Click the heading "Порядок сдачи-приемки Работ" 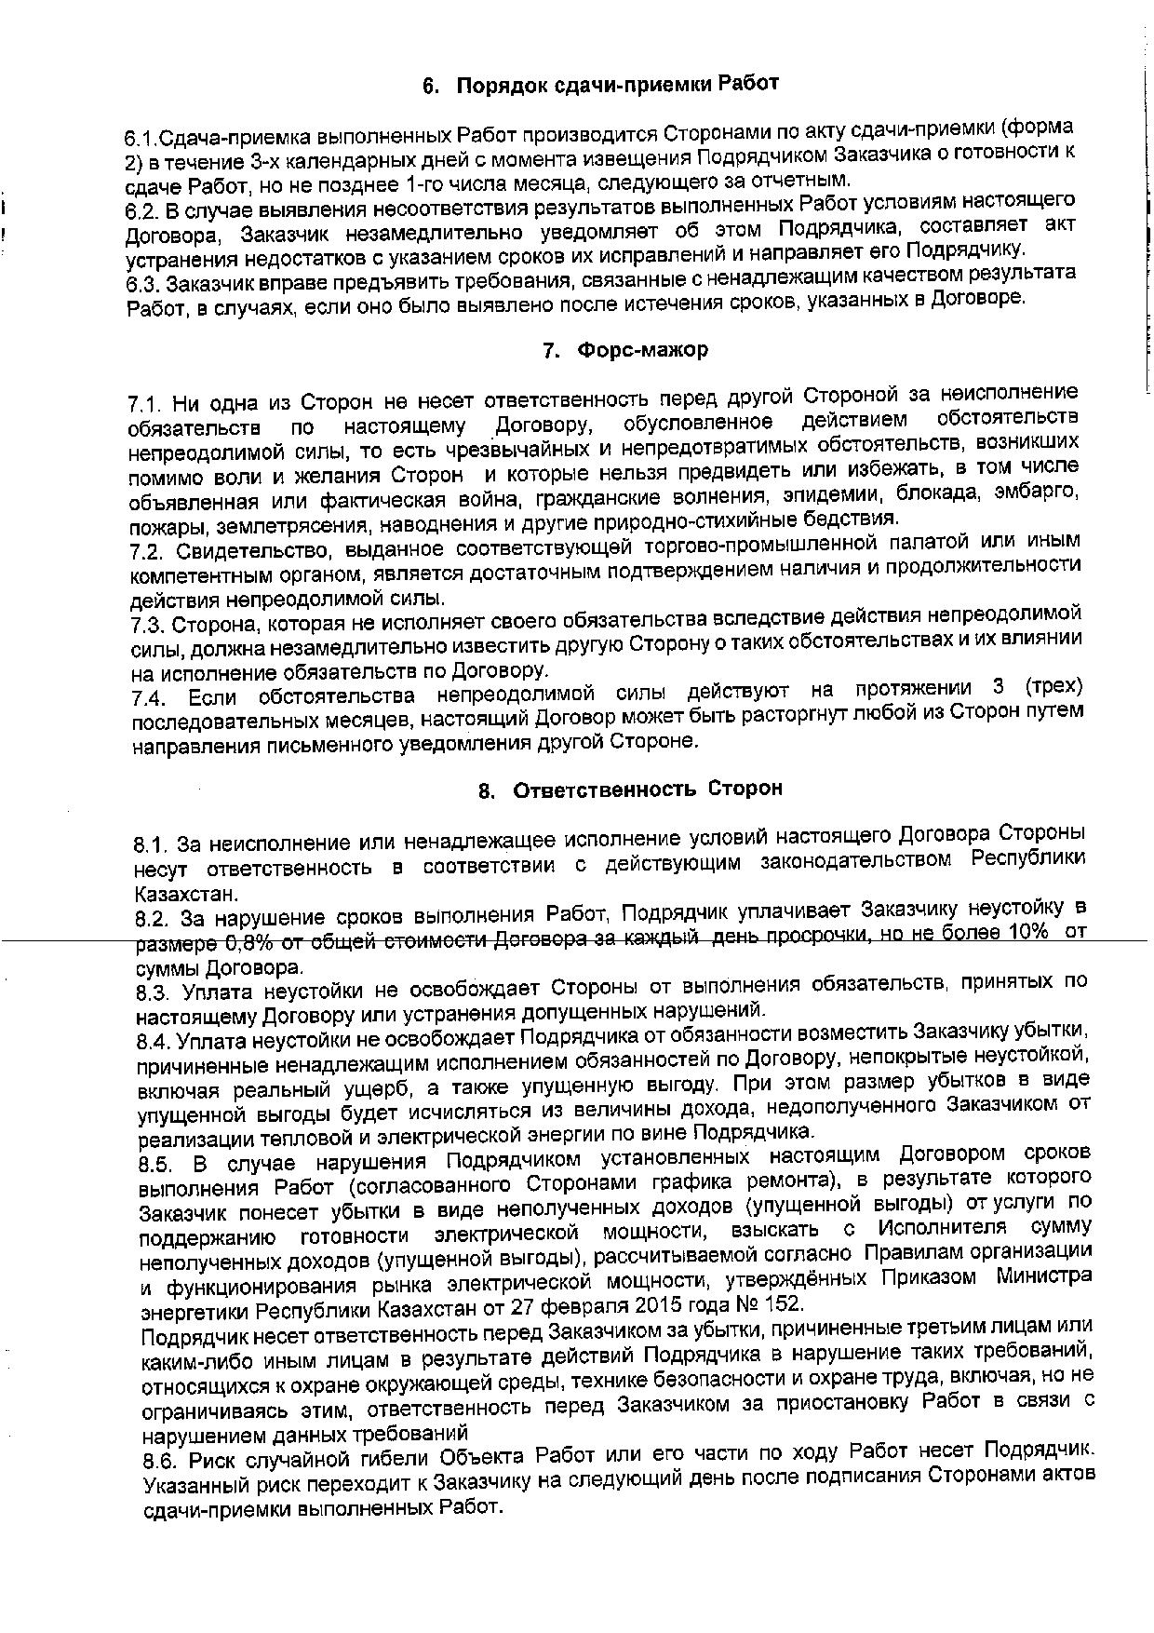point(617,85)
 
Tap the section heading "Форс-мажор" point(641,350)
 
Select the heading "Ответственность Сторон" point(648,790)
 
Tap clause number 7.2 point(147,553)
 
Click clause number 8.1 point(151,845)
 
